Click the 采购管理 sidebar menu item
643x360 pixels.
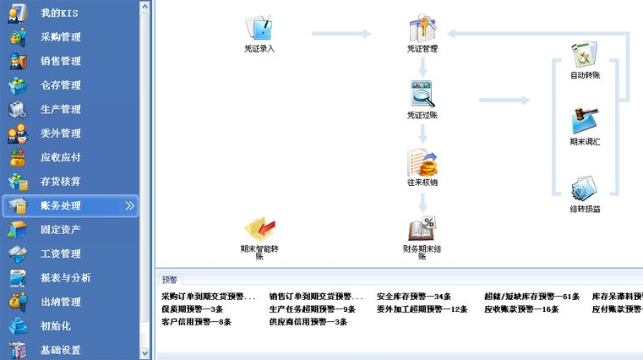pos(60,37)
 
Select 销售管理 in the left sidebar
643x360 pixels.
pos(60,61)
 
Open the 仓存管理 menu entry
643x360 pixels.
pos(60,85)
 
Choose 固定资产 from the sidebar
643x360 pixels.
pos(60,229)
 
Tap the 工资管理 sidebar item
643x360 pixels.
pos(60,254)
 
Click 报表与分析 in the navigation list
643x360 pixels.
pos(64,277)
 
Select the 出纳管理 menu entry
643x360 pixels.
pos(60,302)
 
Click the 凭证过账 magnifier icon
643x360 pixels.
pos(422,95)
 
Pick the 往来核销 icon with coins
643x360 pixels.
pos(422,162)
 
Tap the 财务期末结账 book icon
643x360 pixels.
pos(422,230)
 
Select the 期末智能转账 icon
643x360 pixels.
pos(259,230)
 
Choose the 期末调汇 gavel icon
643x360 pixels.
pos(585,122)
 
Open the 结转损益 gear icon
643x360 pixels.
pos(585,188)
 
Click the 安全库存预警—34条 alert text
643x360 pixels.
pos(414,297)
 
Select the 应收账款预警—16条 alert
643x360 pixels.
pos(521,309)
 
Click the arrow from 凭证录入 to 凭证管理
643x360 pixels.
pos(341,34)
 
